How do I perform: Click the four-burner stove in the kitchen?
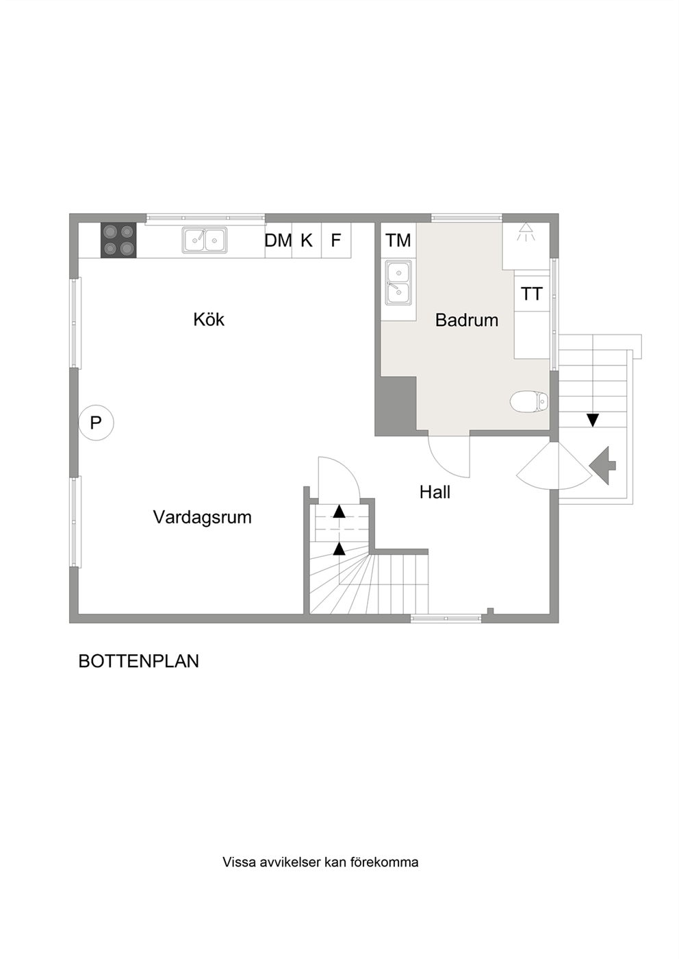(x=118, y=240)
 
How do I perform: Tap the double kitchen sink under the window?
(x=205, y=240)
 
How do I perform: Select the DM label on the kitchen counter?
(x=278, y=240)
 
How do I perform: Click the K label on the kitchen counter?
(x=306, y=240)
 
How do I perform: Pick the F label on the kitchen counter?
(x=335, y=240)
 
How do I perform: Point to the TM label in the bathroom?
(x=398, y=240)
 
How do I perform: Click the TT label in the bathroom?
(x=532, y=294)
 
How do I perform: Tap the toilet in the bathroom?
(x=529, y=401)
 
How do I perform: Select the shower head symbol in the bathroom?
(x=526, y=232)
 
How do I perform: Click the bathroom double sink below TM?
(x=398, y=283)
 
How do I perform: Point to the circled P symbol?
(x=96, y=423)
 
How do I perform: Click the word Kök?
(x=209, y=320)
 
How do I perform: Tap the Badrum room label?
(x=467, y=320)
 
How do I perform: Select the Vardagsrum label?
(x=203, y=517)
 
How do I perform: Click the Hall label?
(x=435, y=492)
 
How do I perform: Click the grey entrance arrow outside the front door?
(x=602, y=466)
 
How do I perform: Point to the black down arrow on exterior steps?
(x=592, y=420)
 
